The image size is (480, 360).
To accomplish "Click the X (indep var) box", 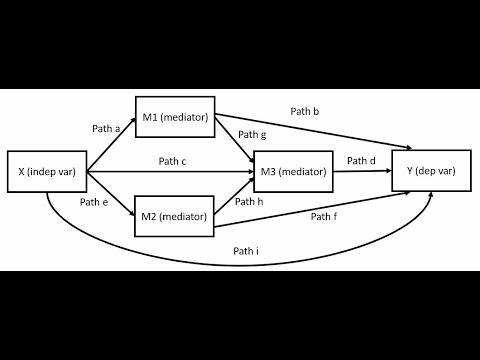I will click(x=47, y=172).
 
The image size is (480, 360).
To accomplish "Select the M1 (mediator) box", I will click(x=175, y=118).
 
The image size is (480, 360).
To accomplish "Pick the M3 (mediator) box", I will click(x=294, y=172).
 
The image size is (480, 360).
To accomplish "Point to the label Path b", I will click(x=305, y=110).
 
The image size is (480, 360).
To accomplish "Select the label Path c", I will click(x=172, y=161).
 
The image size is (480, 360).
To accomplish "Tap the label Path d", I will click(x=361, y=160).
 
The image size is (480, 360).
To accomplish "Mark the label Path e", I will click(x=94, y=203).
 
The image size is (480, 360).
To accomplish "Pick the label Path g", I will click(x=252, y=134).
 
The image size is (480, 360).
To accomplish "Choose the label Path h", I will click(x=248, y=202).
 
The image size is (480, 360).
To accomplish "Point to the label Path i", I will click(x=246, y=251).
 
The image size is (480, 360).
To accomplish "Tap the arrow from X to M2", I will click(x=111, y=195).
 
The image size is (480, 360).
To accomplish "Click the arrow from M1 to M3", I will click(x=235, y=141).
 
